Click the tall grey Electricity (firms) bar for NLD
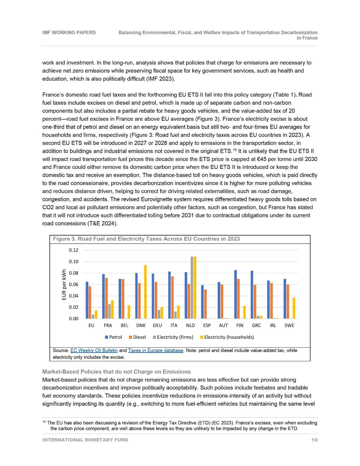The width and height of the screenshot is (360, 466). (192, 288)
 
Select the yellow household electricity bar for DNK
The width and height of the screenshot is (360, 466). (145, 292)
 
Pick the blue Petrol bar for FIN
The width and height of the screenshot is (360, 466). (235, 294)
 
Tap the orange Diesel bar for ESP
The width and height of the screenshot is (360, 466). (205, 304)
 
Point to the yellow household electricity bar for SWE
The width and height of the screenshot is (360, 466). (294, 308)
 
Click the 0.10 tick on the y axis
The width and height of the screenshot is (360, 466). (74, 262)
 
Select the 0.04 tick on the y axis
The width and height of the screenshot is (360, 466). (74, 296)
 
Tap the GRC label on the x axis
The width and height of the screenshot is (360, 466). (256, 325)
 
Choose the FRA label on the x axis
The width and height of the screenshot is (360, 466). (108, 325)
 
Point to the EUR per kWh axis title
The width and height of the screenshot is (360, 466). (64, 285)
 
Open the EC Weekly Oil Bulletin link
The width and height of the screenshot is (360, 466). (94, 350)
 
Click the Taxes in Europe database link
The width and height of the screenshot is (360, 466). (156, 350)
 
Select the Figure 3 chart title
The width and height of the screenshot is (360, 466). (146, 239)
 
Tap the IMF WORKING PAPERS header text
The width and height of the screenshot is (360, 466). (69, 32)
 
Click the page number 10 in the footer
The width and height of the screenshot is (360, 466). (314, 440)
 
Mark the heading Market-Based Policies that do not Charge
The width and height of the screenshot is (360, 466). (116, 372)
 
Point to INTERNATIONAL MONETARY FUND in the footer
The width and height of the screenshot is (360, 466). (85, 440)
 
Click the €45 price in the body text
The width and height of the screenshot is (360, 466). (262, 159)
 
